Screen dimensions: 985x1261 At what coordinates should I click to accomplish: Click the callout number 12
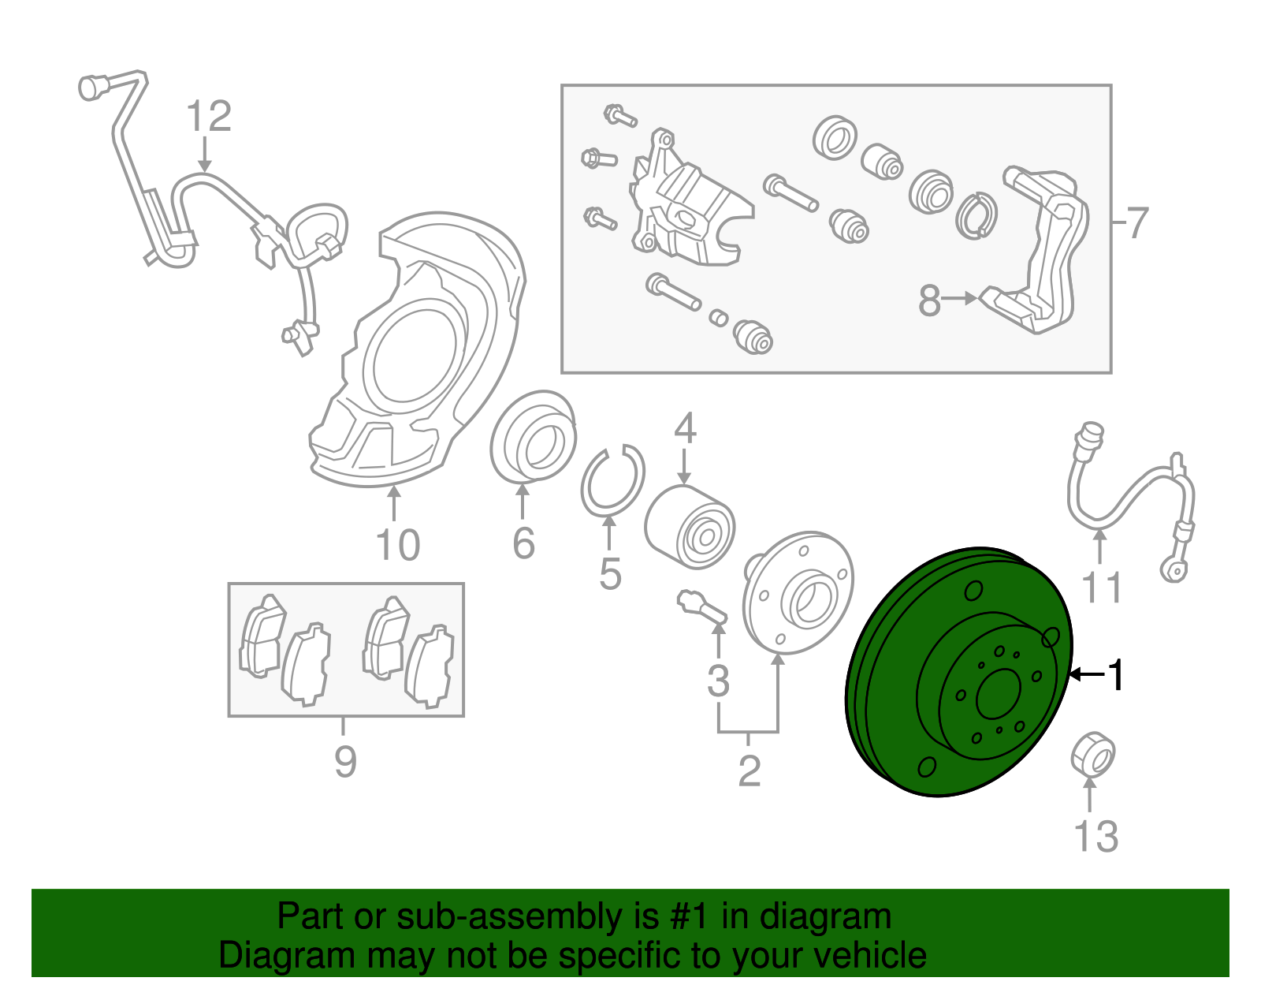pos(209,117)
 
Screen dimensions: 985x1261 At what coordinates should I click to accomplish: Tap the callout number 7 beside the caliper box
pos(1136,223)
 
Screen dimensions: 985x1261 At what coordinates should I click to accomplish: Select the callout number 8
pos(929,300)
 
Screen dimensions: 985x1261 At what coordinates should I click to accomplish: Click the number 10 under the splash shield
pos(397,545)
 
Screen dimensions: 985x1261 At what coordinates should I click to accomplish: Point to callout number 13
pos(1095,836)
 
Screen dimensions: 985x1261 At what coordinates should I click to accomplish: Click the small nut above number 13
pos(1093,753)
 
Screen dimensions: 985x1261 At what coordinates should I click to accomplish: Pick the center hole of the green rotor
pos(999,695)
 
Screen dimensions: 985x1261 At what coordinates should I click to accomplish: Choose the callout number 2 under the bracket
pos(749,770)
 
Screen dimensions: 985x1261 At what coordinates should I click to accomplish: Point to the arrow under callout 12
pos(205,155)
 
